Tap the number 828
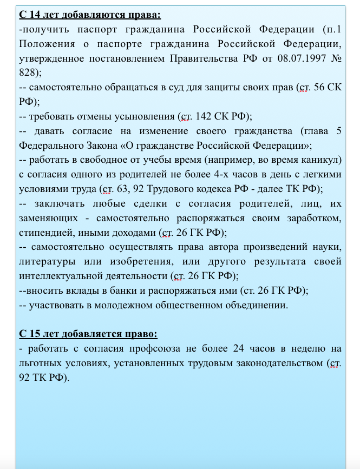click(28, 72)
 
